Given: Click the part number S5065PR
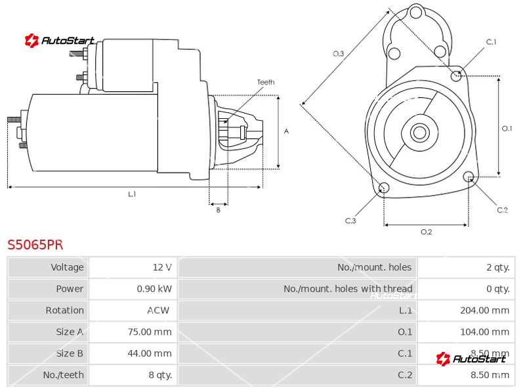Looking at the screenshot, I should [x=35, y=245].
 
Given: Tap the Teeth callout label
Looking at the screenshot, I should [x=266, y=82].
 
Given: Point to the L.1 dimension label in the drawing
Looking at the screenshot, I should [x=132, y=194].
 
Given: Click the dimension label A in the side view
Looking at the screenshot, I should [x=286, y=131].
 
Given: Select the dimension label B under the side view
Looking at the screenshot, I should [x=218, y=210].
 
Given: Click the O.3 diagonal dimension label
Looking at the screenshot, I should [x=339, y=54].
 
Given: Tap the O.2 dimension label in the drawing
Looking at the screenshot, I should [x=426, y=232].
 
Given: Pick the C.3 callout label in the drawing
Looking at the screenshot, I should [x=351, y=221].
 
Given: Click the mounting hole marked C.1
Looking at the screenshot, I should [x=457, y=76].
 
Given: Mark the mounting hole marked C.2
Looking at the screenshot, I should [x=469, y=177].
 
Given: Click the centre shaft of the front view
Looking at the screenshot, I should [x=419, y=133].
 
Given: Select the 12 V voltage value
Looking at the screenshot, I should [x=161, y=267].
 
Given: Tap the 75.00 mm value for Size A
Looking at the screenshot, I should [x=149, y=332].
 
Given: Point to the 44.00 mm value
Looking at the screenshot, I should [x=149, y=353].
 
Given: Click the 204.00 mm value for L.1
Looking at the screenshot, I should [x=484, y=311].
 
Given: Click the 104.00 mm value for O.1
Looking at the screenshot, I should [x=484, y=332].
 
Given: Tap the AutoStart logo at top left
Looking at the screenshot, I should [x=60, y=41].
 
